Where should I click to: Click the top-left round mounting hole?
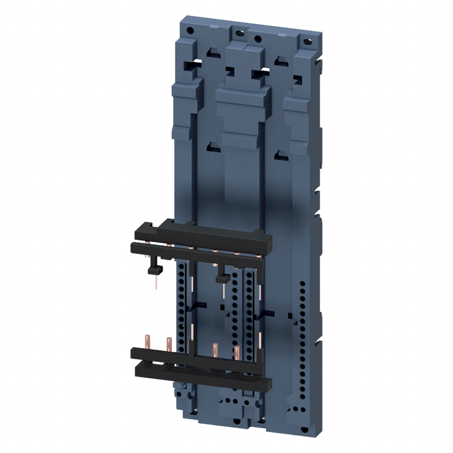click(x=190, y=31)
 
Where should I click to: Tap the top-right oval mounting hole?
click(x=304, y=42)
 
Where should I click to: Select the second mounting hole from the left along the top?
click(x=239, y=34)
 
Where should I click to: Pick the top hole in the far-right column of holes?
click(x=302, y=282)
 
